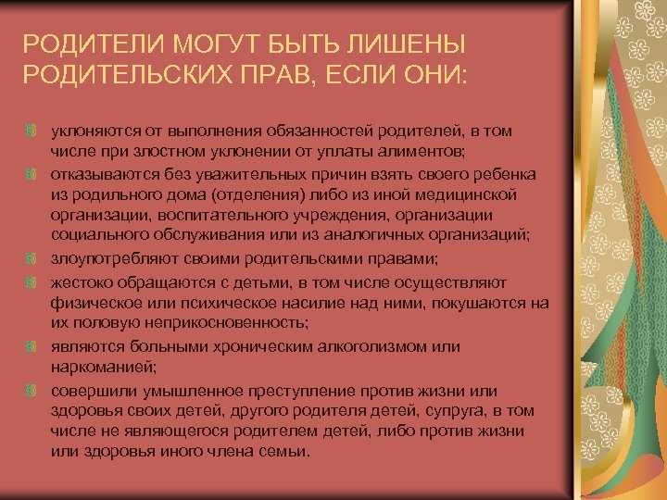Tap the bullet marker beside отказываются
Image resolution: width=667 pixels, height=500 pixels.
point(31,174)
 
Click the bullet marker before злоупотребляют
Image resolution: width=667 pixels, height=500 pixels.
point(31,258)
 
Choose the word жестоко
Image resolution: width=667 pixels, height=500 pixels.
point(82,282)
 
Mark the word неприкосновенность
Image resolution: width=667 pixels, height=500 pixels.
point(226,323)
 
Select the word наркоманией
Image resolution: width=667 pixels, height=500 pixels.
point(104,367)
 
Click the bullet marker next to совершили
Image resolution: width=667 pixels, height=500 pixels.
point(31,391)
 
